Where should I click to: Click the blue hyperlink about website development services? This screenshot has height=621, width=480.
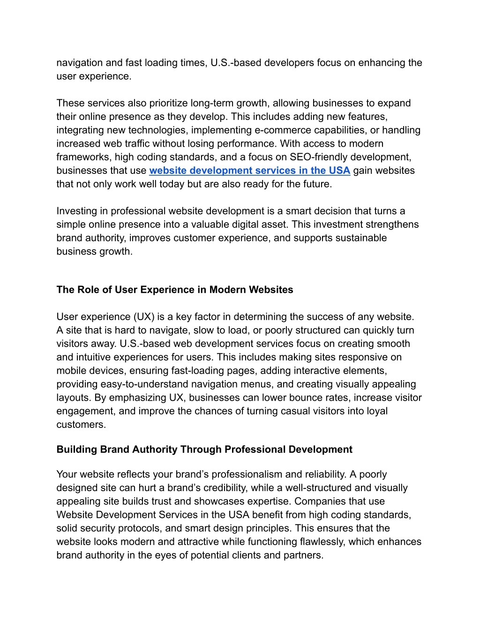pos(249,171)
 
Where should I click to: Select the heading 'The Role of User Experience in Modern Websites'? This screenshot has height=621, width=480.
pos(174,290)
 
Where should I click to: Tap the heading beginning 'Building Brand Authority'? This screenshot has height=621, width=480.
pos(204,449)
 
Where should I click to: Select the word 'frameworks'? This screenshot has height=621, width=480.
pos(82,157)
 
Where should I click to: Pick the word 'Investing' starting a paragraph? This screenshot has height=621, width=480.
pos(76,211)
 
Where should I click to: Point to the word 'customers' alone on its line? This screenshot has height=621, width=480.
pos(81,425)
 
